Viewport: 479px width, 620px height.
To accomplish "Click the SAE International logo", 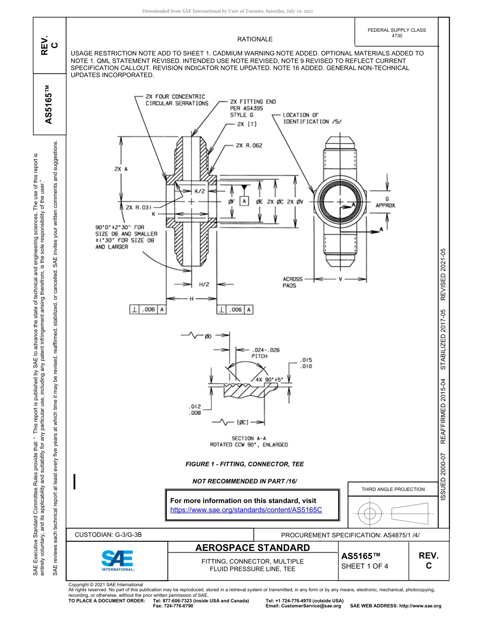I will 117,560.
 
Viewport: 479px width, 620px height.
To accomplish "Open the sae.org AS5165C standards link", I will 246,510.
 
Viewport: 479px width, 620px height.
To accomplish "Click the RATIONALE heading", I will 255,39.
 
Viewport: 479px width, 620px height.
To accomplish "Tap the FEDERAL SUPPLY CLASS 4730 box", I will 397,33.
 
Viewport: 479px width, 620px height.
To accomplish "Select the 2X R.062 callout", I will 249,146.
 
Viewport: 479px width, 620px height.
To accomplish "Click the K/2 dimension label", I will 200,192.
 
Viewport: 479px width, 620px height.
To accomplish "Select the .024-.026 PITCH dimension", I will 265,352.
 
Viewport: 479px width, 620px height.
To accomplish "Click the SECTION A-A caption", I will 249,442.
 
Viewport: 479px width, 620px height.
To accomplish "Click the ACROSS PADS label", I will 292,282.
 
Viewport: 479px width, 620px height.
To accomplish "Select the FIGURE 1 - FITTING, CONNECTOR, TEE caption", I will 245,464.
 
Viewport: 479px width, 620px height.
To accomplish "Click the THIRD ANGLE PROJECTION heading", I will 393,489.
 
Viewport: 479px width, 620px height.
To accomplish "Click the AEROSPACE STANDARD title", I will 252,548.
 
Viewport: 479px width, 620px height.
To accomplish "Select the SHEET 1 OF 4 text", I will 365,566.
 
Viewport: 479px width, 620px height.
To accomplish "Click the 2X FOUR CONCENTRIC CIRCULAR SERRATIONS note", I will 176,100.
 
